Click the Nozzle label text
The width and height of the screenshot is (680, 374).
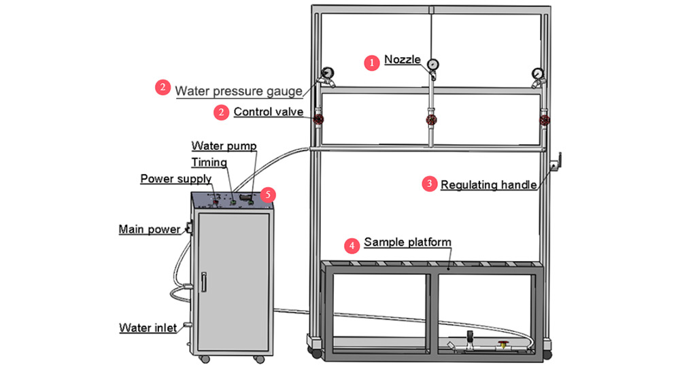click(x=403, y=59)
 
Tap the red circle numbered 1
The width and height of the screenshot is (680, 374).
click(x=371, y=63)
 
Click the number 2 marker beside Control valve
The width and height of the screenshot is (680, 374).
click(x=221, y=112)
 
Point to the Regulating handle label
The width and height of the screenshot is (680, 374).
click(x=489, y=184)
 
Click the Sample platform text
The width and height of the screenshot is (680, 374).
click(x=407, y=242)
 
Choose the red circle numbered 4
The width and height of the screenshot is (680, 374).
click(x=352, y=244)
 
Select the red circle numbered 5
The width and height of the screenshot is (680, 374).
click(x=269, y=194)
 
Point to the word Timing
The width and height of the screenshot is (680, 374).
click(x=209, y=163)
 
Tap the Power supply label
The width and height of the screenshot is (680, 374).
click(x=176, y=179)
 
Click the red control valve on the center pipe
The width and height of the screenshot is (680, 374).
click(x=431, y=121)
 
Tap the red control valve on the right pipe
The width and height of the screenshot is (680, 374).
click(x=544, y=121)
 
